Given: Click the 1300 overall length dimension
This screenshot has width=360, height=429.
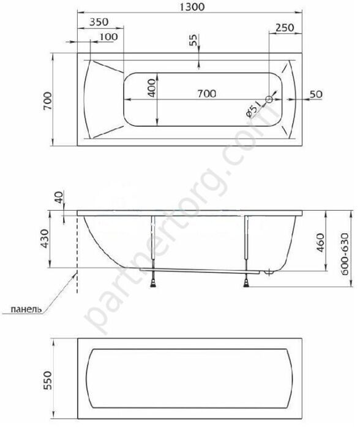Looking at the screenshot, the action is click(192, 7).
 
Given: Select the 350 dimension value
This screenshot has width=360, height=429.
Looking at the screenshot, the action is click(99, 22).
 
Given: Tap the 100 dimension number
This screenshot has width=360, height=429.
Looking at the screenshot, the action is click(108, 37).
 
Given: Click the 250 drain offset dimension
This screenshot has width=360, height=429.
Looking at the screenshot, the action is click(285, 28).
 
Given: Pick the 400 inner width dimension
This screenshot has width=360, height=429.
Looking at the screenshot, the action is click(152, 88).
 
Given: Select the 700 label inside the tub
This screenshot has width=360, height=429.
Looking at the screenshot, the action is click(207, 94).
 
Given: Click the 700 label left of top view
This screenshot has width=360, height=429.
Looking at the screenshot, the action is click(47, 101).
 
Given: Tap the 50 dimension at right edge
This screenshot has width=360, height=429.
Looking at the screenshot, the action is click(316, 94).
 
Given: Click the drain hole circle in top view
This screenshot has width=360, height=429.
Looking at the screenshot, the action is click(269, 99).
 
